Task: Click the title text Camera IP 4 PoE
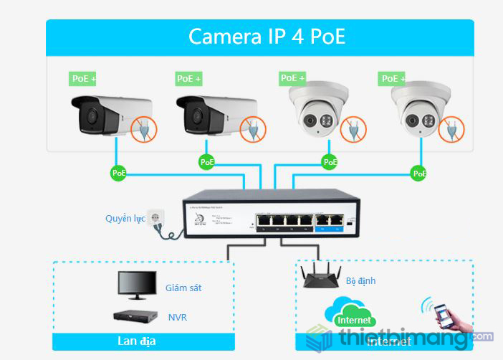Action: (267, 37)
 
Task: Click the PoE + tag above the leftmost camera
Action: (83, 78)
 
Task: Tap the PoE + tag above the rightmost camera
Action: (393, 78)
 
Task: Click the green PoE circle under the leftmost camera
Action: (118, 173)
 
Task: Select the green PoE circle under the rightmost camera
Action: (418, 173)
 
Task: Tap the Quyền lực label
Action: (125, 218)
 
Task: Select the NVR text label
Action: (177, 316)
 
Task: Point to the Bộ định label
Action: (360, 280)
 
